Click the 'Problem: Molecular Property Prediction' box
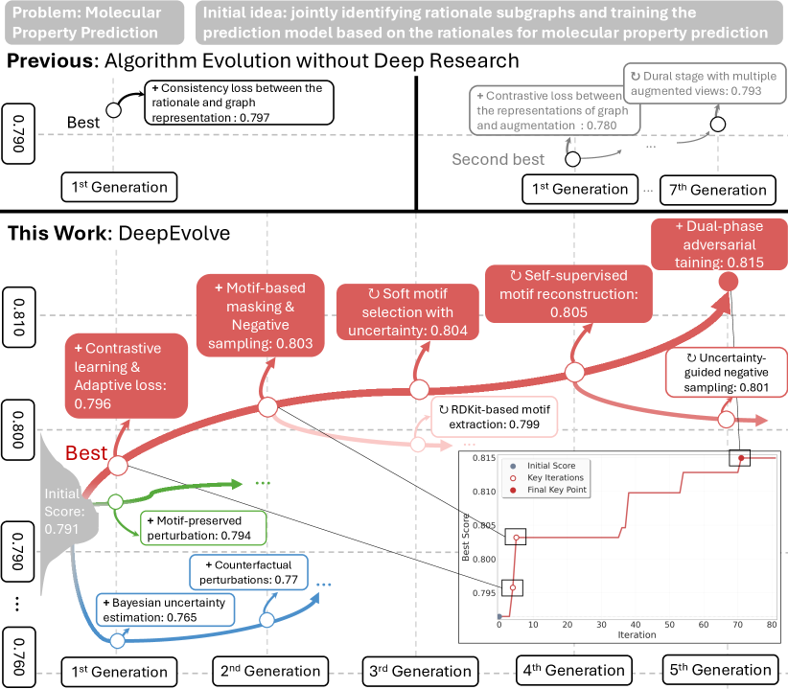pos(94,22)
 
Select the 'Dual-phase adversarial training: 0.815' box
pos(714,245)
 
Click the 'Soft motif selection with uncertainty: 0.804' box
pos(405,311)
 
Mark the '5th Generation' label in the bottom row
pos(716,670)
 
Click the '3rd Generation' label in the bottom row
pos(418,670)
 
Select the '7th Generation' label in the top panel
pos(715,189)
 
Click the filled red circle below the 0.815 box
pos(728,282)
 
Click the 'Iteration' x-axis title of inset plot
pos(637,635)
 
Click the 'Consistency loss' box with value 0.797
pos(239,103)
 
